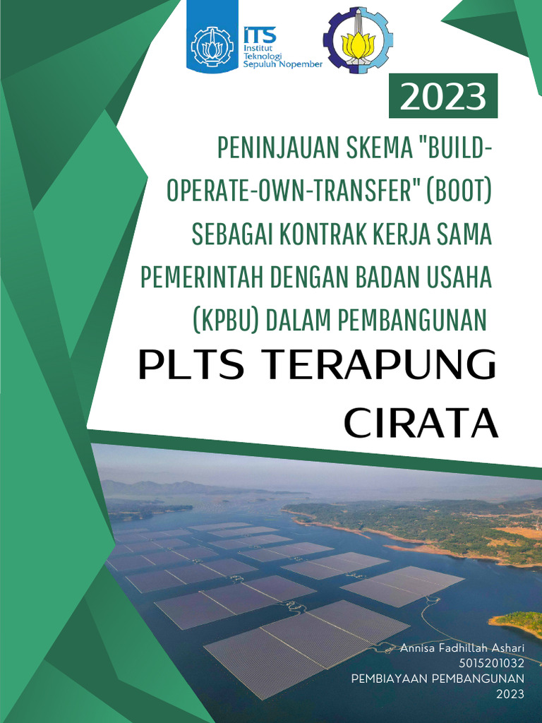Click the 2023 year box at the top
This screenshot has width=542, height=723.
(443, 98)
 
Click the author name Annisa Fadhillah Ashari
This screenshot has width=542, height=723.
(462, 647)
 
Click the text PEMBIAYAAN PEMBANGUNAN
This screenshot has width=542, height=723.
(438, 679)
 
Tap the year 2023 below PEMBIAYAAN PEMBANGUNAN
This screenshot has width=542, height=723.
(510, 694)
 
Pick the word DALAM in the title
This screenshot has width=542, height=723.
(301, 321)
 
